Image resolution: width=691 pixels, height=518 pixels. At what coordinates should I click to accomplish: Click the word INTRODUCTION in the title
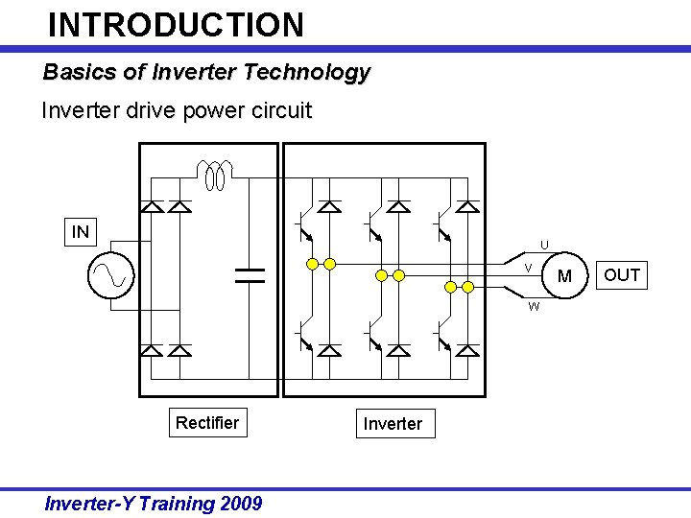pyautogui.click(x=176, y=24)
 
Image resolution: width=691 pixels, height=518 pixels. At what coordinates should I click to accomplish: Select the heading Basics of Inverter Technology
pyautogui.click(x=206, y=72)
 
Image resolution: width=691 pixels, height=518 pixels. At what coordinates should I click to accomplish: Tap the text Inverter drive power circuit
pyautogui.click(x=177, y=110)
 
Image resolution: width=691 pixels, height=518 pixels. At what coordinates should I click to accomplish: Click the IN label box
pyautogui.click(x=81, y=231)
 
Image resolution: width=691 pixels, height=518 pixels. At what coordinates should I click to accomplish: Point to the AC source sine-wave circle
pyautogui.click(x=111, y=276)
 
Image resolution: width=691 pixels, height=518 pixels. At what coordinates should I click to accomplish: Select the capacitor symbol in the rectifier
pyautogui.click(x=250, y=276)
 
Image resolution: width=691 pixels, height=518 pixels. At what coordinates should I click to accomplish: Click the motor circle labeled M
pyautogui.click(x=564, y=276)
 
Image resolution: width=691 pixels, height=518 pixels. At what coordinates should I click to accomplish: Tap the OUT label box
pyautogui.click(x=622, y=275)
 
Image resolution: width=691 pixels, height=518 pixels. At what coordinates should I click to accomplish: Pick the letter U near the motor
pyautogui.click(x=544, y=246)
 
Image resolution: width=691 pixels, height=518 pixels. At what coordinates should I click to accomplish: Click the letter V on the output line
pyautogui.click(x=528, y=267)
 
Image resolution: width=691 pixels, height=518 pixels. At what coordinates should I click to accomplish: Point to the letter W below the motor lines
pyautogui.click(x=534, y=307)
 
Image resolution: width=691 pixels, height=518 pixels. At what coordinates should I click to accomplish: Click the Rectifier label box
pyautogui.click(x=207, y=423)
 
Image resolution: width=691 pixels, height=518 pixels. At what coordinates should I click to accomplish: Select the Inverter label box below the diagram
pyautogui.click(x=393, y=424)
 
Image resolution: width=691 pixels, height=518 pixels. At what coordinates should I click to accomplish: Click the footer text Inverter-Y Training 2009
pyautogui.click(x=154, y=504)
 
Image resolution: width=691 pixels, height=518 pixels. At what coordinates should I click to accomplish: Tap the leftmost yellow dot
pyautogui.click(x=312, y=264)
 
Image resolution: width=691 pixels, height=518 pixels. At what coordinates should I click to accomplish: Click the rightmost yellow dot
pyautogui.click(x=467, y=287)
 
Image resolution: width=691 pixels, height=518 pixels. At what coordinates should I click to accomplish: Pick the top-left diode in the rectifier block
pyautogui.click(x=151, y=206)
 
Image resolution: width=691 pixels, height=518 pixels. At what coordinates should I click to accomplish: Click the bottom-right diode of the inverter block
pyautogui.click(x=467, y=350)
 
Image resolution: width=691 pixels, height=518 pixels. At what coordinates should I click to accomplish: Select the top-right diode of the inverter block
pyautogui.click(x=467, y=206)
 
